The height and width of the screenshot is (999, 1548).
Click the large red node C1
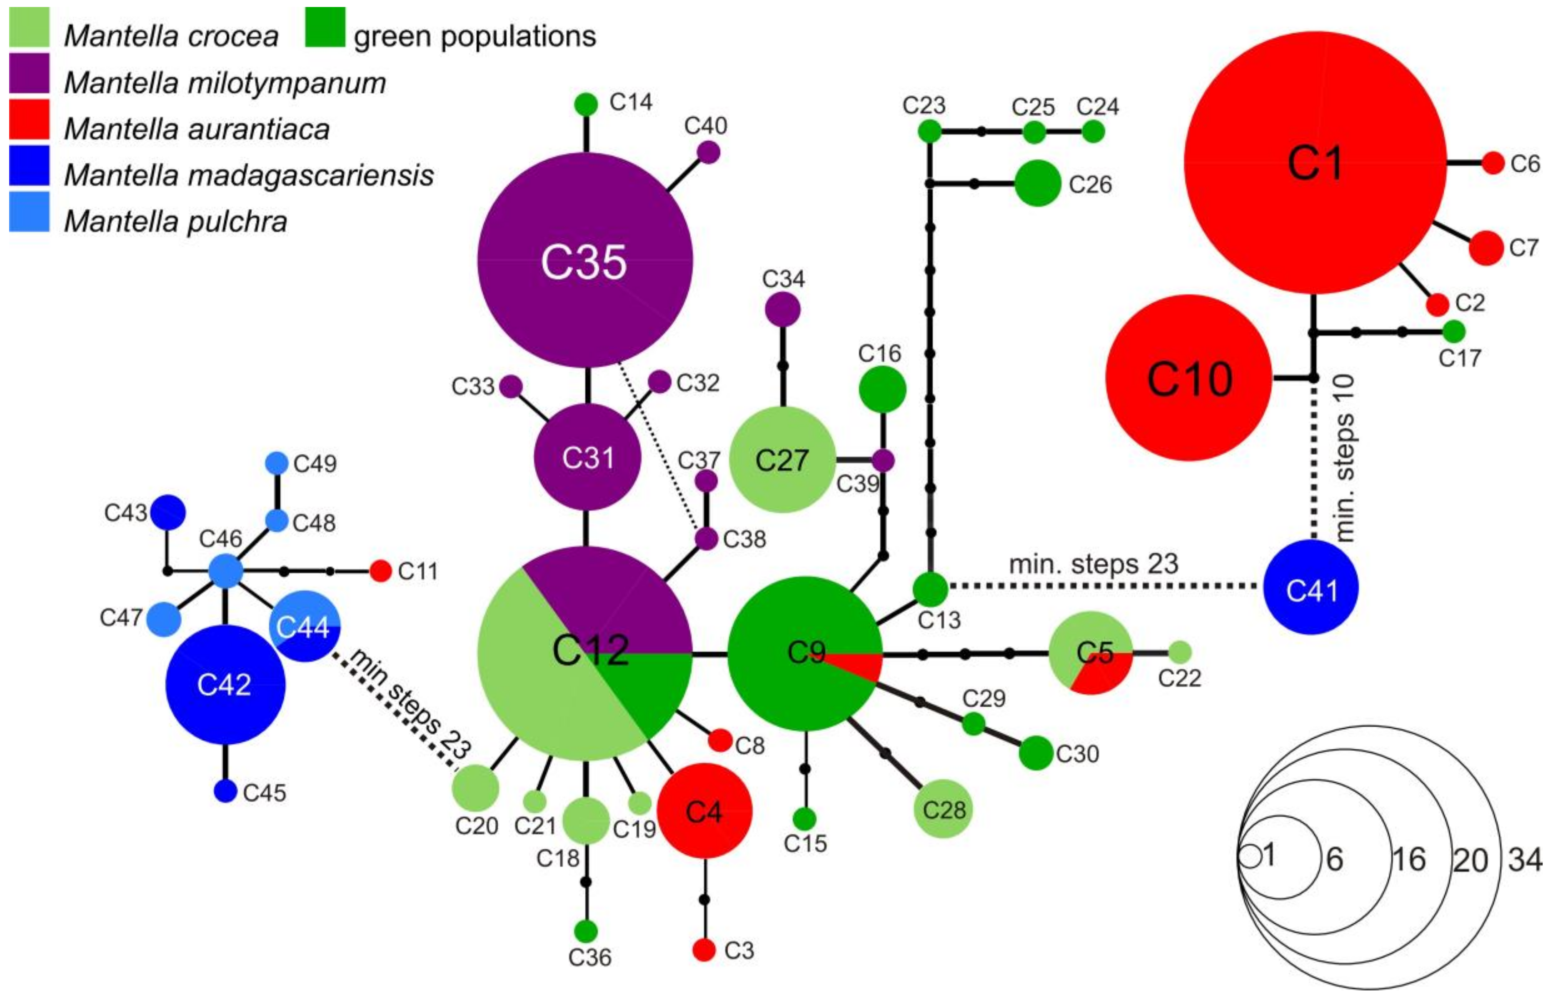pyautogui.click(x=1314, y=162)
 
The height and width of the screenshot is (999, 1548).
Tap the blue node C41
pyautogui.click(x=1311, y=587)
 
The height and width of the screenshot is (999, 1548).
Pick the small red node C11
pyautogui.click(x=380, y=571)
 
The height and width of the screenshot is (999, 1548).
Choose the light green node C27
pyautogui.click(x=781, y=459)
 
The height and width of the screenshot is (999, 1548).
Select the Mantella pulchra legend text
pyautogui.click(x=175, y=221)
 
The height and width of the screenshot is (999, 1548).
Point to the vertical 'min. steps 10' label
pyautogui.click(x=1346, y=458)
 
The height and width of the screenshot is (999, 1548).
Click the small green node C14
pyautogui.click(x=586, y=104)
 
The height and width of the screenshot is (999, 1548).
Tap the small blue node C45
pyautogui.click(x=225, y=791)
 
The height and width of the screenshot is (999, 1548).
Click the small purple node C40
pyautogui.click(x=708, y=152)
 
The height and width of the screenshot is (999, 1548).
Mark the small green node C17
pyautogui.click(x=1454, y=331)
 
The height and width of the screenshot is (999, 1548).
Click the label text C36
pyautogui.click(x=589, y=957)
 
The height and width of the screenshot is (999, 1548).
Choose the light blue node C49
pyautogui.click(x=277, y=463)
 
